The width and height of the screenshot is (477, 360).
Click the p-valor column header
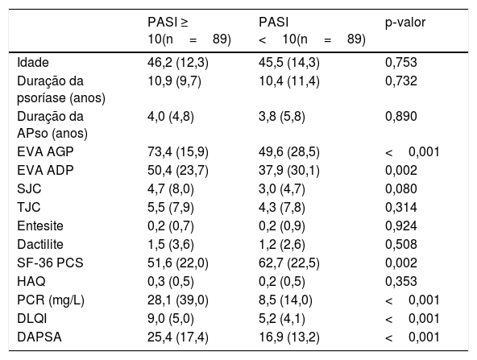[405, 23]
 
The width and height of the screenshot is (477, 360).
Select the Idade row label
[33, 62]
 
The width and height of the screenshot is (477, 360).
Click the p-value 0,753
[401, 62]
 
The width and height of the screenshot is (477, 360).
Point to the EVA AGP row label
[45, 151]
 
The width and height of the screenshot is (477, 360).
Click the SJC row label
[29, 188]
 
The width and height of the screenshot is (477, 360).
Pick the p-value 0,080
[401, 188]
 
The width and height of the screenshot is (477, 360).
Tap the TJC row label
[29, 207]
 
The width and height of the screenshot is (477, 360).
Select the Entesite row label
[40, 226]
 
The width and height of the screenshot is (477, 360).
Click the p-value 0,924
[401, 226]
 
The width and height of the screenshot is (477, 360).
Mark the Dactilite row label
[40, 245]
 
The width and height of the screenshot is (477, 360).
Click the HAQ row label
[31, 282]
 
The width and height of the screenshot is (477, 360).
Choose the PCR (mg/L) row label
[51, 300]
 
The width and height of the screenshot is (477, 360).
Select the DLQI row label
[32, 319]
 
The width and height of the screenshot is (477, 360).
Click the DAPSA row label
[39, 337]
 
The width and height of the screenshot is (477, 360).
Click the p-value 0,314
[401, 207]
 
